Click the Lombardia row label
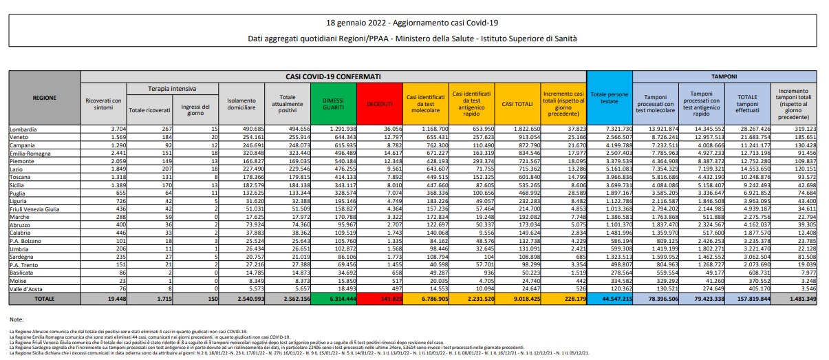point(23,129)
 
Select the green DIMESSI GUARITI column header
point(333,103)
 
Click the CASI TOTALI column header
point(517,103)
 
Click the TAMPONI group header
point(724,76)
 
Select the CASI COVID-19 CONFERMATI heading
point(334,76)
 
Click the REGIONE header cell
point(44,98)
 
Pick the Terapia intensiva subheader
point(172,89)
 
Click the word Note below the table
point(17,320)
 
